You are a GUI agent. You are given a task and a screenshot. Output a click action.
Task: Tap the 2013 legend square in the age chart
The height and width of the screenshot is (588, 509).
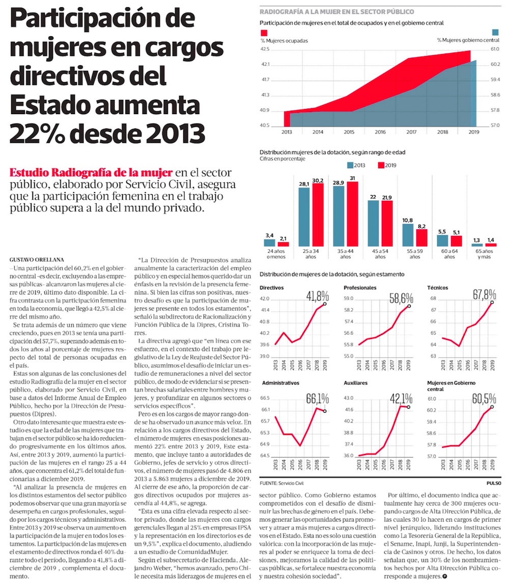click(351, 165)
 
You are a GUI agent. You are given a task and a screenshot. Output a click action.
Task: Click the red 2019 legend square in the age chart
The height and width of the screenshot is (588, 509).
click(380, 165)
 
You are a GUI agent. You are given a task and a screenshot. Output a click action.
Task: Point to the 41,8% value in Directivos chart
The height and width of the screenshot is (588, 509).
click(317, 296)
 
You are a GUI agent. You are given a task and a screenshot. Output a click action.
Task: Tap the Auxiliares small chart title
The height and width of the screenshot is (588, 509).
click(357, 382)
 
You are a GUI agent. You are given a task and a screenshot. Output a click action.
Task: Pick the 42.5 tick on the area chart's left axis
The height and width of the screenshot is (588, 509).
click(265, 49)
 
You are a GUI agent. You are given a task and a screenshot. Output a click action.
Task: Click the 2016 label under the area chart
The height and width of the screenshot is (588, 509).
click(380, 132)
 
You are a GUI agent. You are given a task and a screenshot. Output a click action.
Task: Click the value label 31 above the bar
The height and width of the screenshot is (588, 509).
click(352, 178)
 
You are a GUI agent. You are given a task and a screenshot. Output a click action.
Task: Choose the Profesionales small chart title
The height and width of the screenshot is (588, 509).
click(360, 288)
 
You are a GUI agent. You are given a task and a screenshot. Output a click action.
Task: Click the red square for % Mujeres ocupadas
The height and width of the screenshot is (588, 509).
click(263, 33)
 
